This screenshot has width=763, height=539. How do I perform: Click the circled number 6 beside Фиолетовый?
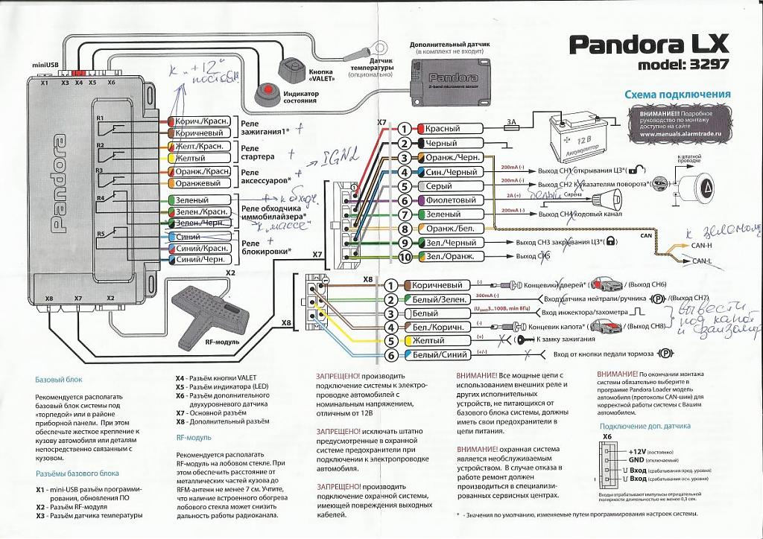point(404,200)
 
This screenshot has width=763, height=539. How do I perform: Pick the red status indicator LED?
point(267,95)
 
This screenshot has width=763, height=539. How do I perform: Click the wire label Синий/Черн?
point(200,259)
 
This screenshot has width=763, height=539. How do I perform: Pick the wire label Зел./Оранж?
point(449,257)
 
